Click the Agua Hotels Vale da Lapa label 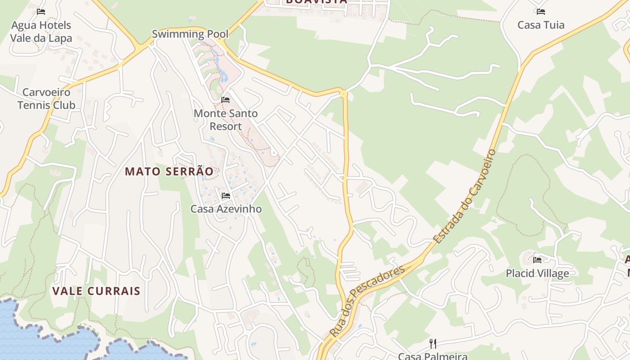pyautogui.click(x=41, y=31)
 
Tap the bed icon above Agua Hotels pyautogui.click(x=41, y=11)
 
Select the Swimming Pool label pyautogui.click(x=190, y=34)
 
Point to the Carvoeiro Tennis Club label pyautogui.click(x=46, y=99)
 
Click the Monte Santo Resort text pyautogui.click(x=225, y=120)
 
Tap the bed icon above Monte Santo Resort pyautogui.click(x=225, y=99)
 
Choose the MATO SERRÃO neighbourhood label pyautogui.click(x=169, y=171)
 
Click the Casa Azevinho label pyautogui.click(x=226, y=209)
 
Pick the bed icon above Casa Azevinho pyautogui.click(x=226, y=195)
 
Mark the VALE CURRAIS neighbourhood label pyautogui.click(x=96, y=291)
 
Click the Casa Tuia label pyautogui.click(x=540, y=25)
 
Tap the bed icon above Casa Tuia pyautogui.click(x=540, y=11)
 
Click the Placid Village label pyautogui.click(x=537, y=273)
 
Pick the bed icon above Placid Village pyautogui.click(x=537, y=260)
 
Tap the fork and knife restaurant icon pyautogui.click(x=433, y=344)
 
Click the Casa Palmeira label pyautogui.click(x=432, y=356)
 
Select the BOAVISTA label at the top pyautogui.click(x=316, y=2)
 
